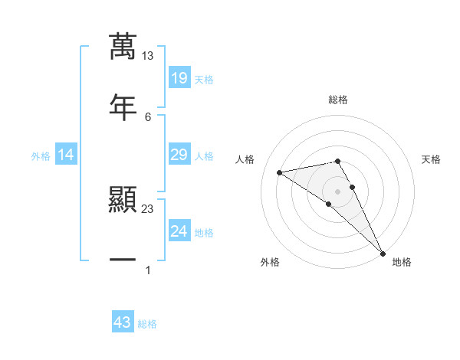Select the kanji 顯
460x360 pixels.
[123, 201]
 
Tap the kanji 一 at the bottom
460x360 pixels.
[123, 260]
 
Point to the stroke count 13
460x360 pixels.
[148, 56]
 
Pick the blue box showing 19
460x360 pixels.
[179, 78]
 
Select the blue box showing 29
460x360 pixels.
[179, 155]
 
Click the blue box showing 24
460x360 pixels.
[179, 231]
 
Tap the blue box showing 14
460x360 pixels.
[66, 155]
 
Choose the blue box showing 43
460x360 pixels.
[123, 322]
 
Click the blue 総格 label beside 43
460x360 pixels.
[147, 324]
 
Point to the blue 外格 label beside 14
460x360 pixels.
[41, 156]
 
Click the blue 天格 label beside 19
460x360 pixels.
[204, 80]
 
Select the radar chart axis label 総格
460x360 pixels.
[338, 100]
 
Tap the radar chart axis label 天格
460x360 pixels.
[432, 159]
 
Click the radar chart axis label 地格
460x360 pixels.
[402, 263]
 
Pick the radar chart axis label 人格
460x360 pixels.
[245, 159]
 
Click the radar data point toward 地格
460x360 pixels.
[383, 253]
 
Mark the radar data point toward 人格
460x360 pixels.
[280, 172]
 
